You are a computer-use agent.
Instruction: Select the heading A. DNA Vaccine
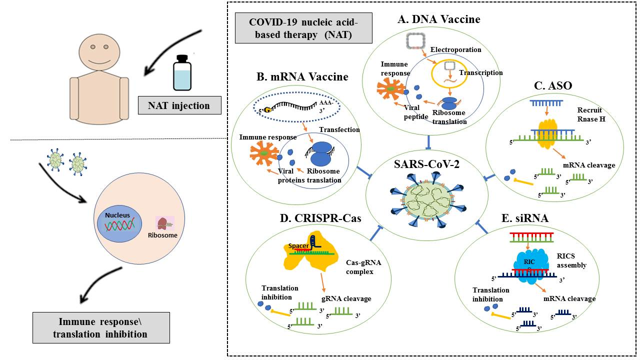pos(438,19)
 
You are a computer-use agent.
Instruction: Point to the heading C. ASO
pos(553,86)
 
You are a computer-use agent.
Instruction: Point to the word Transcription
pos(481,72)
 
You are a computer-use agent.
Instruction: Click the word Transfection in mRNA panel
pos(339,129)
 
